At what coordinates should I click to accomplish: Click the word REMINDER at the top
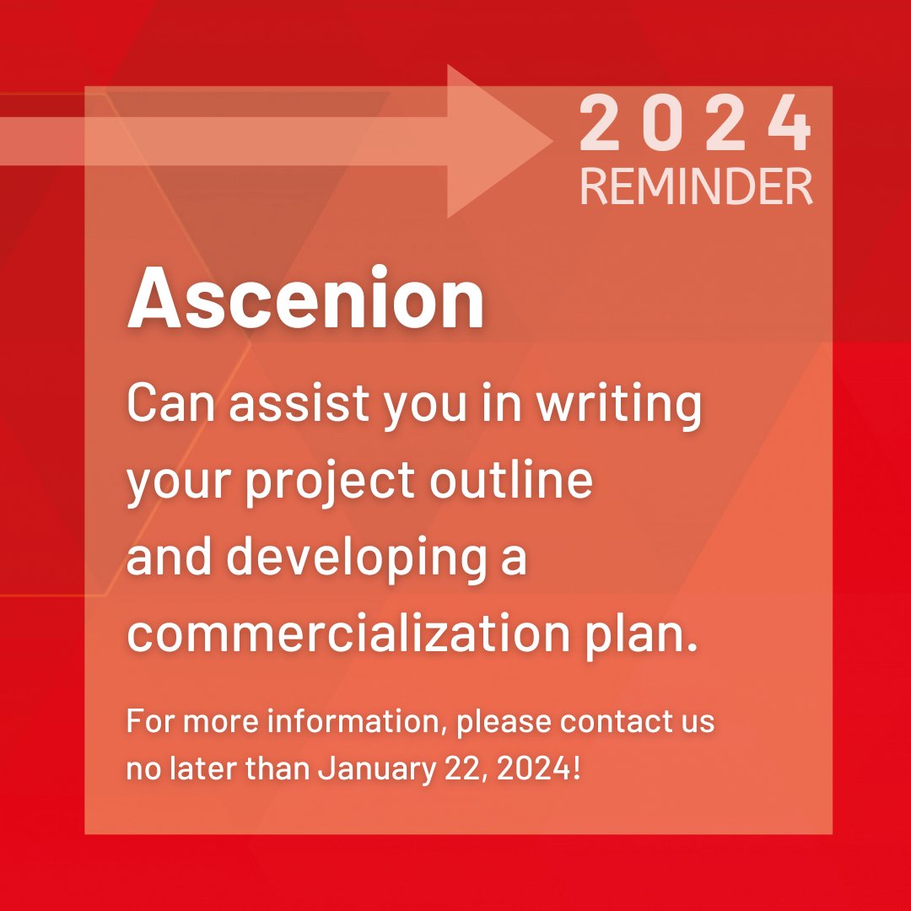pyautogui.click(x=697, y=187)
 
